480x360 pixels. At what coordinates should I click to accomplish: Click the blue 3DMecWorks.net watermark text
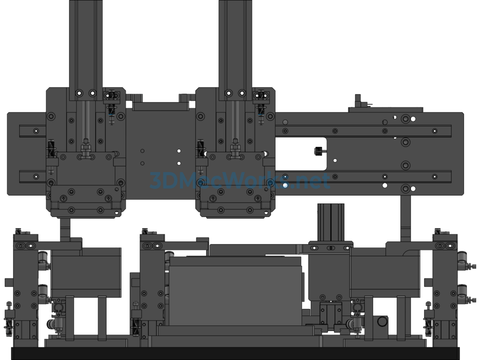click(240, 180)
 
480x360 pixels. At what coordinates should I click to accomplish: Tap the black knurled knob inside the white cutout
click(318, 151)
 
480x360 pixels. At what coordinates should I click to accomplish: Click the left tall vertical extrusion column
click(86, 49)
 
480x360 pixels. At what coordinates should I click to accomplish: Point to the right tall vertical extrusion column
click(235, 49)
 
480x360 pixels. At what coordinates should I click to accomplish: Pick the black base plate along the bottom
click(235, 353)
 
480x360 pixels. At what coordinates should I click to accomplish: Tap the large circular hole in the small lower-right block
click(382, 322)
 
